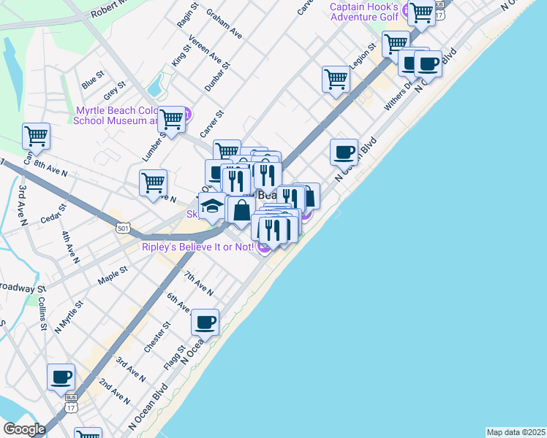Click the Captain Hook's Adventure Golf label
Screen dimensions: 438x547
pyautogui.click(x=363, y=10)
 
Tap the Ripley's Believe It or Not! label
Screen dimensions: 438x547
pyautogui.click(x=197, y=247)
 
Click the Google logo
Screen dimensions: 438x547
pyautogui.click(x=24, y=429)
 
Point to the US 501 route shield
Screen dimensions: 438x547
pyautogui.click(x=124, y=228)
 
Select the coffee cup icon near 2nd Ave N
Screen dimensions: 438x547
pyautogui.click(x=61, y=377)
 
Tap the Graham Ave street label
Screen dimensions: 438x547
pyautogui.click(x=224, y=23)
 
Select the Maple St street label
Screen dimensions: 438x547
pyautogui.click(x=113, y=274)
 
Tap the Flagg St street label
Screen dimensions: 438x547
pyautogui.click(x=176, y=357)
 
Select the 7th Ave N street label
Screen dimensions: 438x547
pyautogui.click(x=199, y=283)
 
